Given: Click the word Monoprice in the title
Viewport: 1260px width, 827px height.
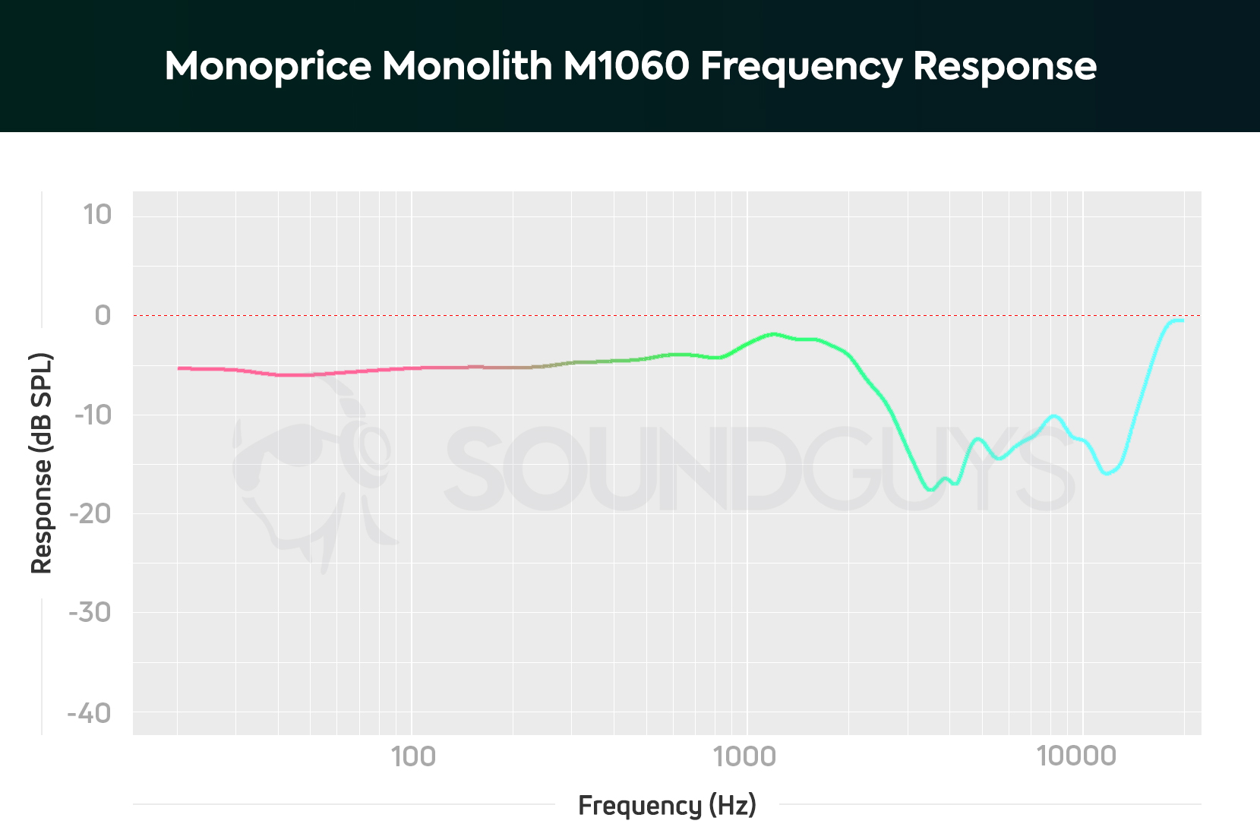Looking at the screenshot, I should point(267,66).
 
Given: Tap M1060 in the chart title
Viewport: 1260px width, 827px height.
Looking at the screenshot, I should point(626,66).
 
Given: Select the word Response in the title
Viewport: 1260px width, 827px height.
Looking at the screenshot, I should point(1004,66).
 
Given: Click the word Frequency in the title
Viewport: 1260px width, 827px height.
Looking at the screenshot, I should point(801,66).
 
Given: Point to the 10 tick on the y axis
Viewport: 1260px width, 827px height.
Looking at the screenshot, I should point(97,215).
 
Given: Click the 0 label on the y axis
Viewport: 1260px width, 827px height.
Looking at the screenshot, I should point(103,315).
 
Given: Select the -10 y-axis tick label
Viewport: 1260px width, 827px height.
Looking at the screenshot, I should point(93,415).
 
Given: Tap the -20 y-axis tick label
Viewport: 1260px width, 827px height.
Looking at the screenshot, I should point(90,514).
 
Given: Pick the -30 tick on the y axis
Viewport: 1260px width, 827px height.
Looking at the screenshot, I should point(90,612).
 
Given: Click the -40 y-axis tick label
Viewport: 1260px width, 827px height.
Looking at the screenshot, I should point(89,713).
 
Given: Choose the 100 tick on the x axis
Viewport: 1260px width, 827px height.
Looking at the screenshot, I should point(412,756).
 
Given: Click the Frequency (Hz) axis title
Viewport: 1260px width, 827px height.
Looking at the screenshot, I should point(667,805).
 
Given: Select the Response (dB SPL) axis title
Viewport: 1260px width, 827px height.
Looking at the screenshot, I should point(41,463).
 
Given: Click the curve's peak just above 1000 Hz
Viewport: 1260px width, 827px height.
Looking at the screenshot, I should point(773,333).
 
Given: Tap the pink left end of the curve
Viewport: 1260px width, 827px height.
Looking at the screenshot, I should point(180,368).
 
